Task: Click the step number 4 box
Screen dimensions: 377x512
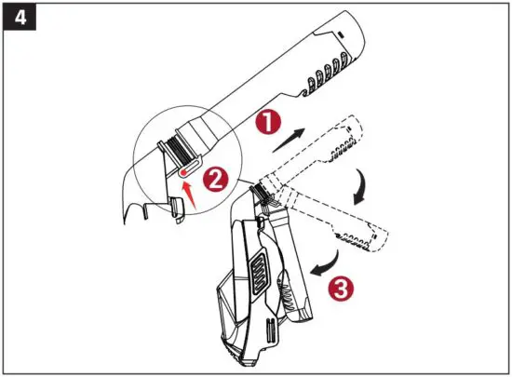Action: pos(20,19)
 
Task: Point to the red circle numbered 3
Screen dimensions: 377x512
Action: pos(342,288)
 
